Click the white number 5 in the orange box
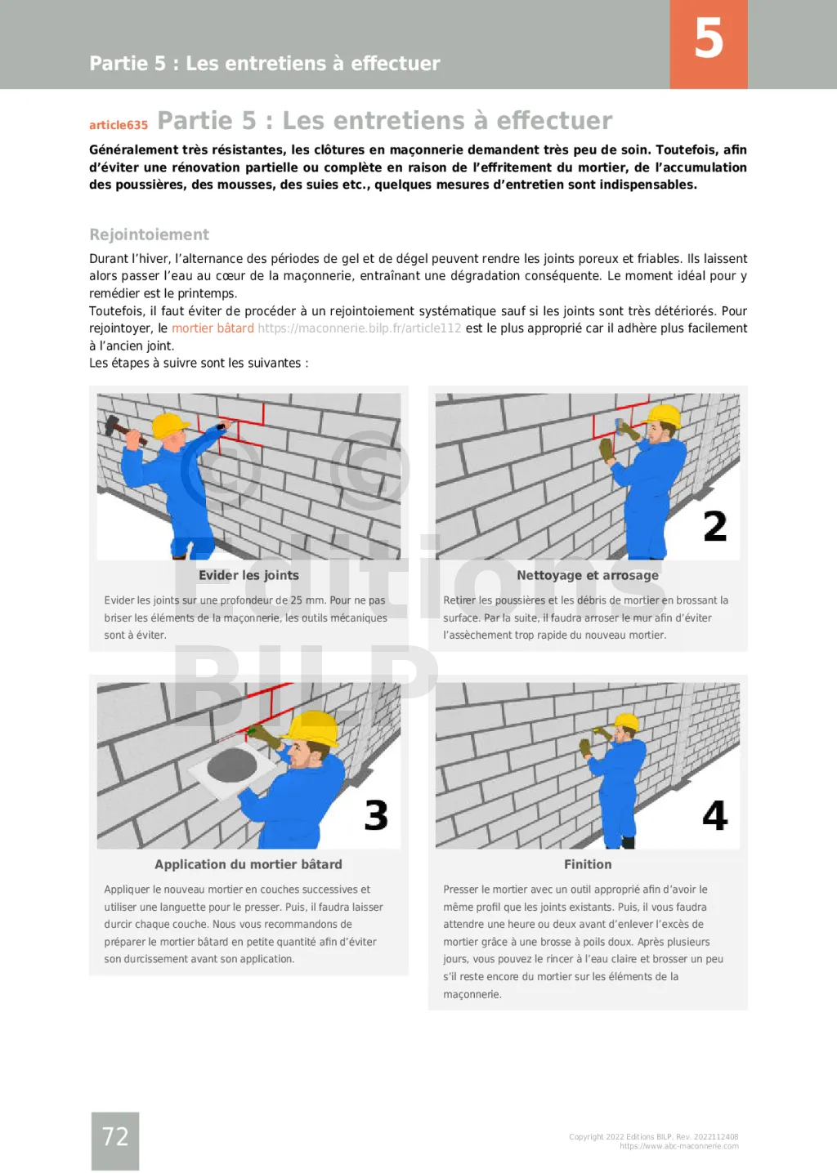point(709,39)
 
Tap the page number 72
point(115,1136)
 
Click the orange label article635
point(119,125)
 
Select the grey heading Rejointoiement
point(149,234)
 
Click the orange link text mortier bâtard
point(213,328)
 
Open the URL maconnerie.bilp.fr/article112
point(359,328)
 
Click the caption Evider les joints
point(248,575)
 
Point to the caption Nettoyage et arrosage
point(587,575)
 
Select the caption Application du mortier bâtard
point(248,864)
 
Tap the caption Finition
point(587,864)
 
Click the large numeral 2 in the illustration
point(714,527)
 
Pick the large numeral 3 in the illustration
point(376,815)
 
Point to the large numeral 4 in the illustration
point(714,815)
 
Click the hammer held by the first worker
point(121,428)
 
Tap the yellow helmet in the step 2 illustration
point(663,416)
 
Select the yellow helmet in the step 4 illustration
point(626,722)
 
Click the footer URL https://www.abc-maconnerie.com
point(678,1147)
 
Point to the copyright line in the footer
point(653,1137)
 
